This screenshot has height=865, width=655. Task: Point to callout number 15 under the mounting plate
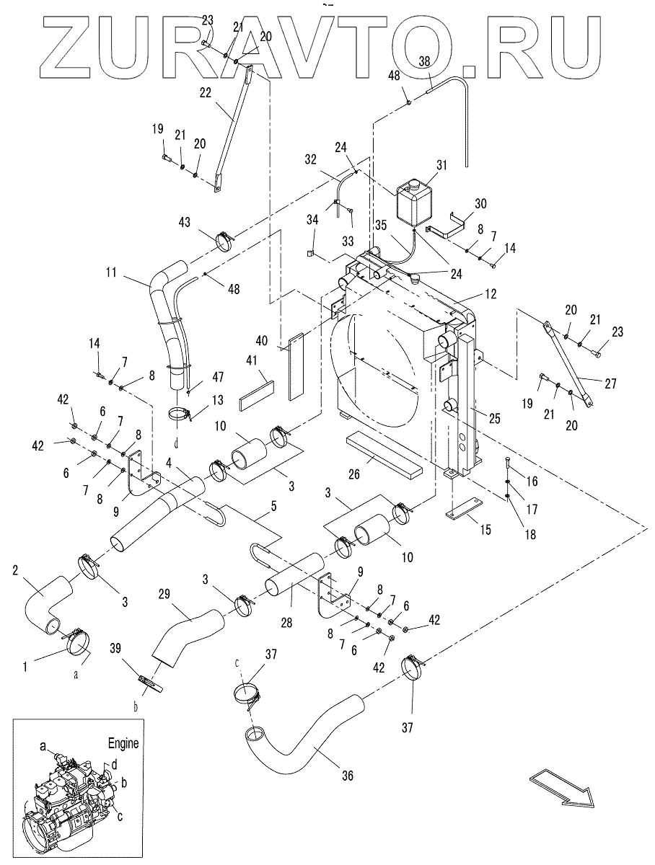pyautogui.click(x=485, y=530)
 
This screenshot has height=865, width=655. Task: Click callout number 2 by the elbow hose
pyautogui.click(x=15, y=571)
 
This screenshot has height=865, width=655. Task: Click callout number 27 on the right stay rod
pyautogui.click(x=611, y=383)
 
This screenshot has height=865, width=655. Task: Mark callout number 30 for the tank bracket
pyautogui.click(x=480, y=203)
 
